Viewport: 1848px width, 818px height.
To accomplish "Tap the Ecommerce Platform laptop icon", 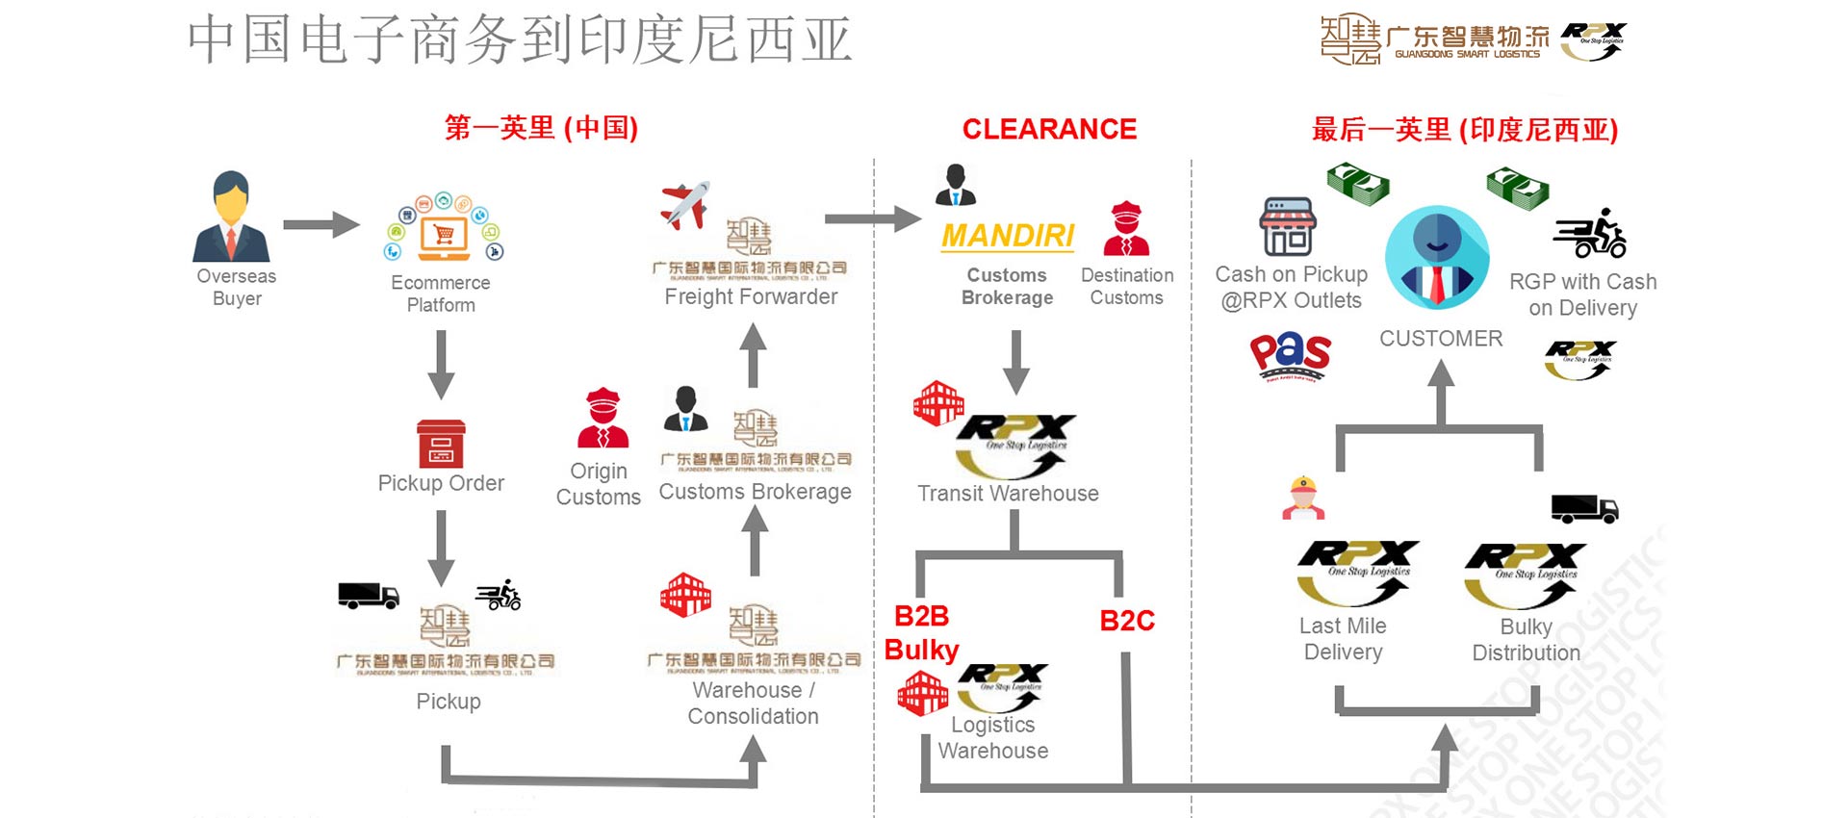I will [444, 231].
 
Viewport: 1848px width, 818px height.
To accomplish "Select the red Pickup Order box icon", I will [441, 444].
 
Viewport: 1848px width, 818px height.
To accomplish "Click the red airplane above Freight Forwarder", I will [684, 205].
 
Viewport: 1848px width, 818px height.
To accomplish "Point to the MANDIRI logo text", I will [1008, 236].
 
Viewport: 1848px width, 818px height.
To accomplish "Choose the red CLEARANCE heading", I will [1049, 129].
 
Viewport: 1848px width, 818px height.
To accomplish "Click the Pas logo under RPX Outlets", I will [1290, 355].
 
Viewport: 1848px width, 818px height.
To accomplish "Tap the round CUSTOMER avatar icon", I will [1437, 257].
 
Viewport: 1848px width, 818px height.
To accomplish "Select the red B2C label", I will [1127, 621].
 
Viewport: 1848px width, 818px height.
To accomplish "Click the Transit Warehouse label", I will [1008, 494].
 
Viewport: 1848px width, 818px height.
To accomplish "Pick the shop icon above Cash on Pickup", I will [1288, 227].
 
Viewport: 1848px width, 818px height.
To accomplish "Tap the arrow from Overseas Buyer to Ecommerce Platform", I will [321, 224].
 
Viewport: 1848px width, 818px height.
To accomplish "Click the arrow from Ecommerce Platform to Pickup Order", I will [441, 364].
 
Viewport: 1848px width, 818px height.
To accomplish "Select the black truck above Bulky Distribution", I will [1583, 508].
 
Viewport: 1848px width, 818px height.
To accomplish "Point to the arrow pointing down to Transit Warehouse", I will [1016, 361].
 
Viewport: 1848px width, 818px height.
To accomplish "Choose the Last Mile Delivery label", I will [1343, 639].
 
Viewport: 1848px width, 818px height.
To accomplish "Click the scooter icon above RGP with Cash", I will [1590, 234].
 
